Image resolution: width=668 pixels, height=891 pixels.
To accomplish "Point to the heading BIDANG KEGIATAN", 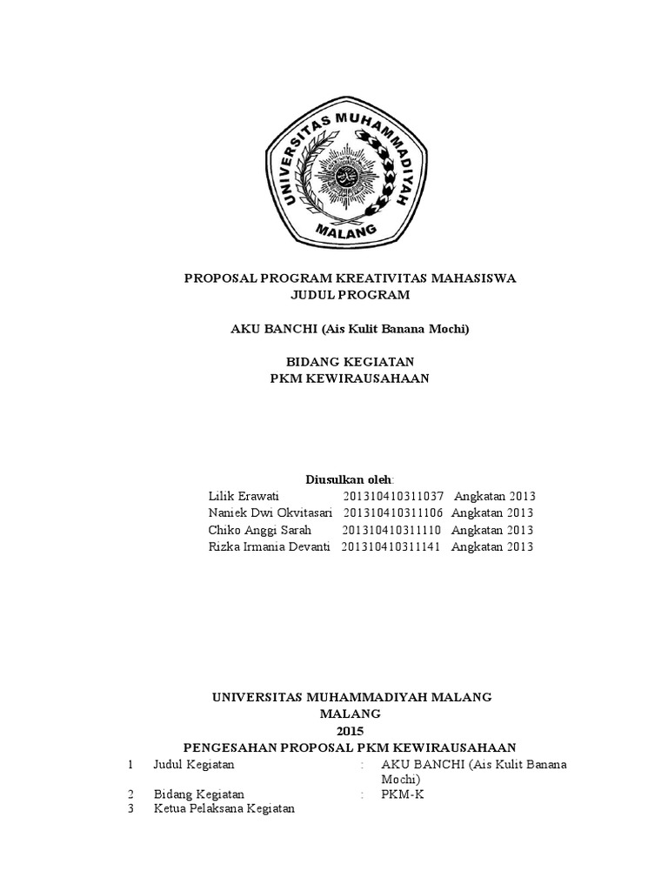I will [x=349, y=360].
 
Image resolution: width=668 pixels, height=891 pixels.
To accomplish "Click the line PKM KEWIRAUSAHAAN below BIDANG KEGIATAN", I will [x=349, y=378].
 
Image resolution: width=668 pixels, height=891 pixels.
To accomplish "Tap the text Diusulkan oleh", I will [x=349, y=479].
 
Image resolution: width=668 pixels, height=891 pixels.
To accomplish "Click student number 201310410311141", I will [x=392, y=546].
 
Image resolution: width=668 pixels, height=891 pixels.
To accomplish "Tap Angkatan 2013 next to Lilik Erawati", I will [x=493, y=496].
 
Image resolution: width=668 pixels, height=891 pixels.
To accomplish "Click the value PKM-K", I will [x=403, y=794].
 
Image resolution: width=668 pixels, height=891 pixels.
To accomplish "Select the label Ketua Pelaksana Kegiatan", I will [x=224, y=809].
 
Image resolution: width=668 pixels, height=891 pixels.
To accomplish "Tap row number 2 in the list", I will [x=130, y=794].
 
